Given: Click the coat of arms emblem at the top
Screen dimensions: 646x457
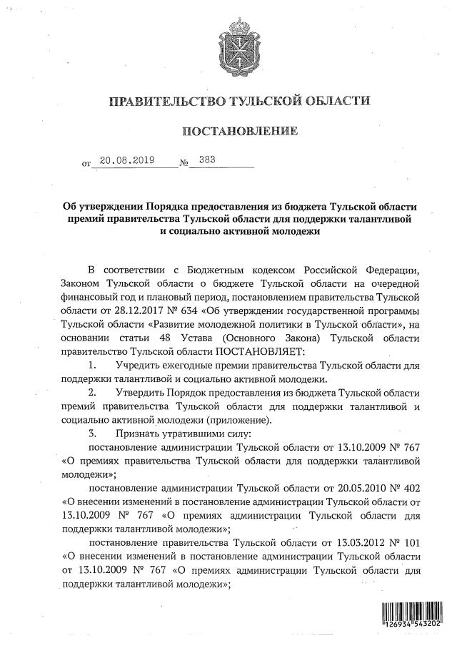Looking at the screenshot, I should coord(240,44).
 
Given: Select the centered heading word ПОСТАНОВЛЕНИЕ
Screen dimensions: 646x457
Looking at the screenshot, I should coord(239,132).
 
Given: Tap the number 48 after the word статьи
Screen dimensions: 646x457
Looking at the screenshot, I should coord(176,339).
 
